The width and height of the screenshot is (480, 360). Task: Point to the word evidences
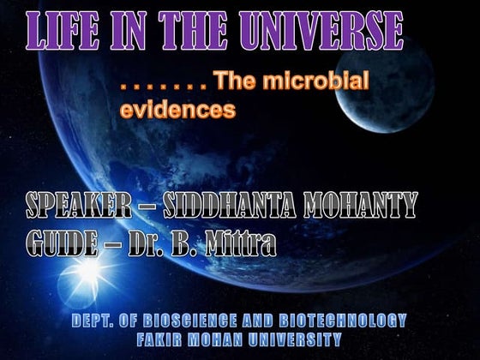[177, 111]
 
